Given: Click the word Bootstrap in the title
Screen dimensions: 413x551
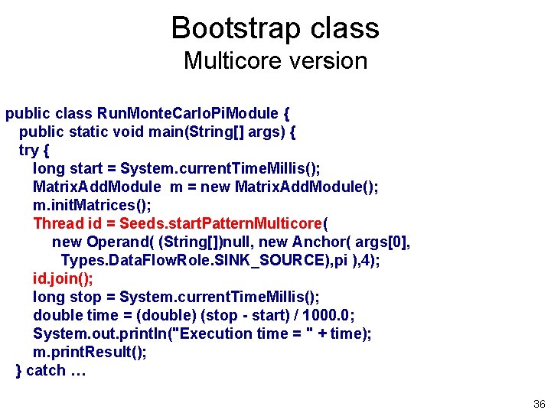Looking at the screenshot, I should coord(227,28).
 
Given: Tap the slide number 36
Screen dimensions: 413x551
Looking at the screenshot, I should coord(539,404).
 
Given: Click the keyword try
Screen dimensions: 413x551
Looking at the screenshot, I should coord(28,150).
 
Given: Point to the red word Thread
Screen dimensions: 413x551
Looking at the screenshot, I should coord(58,223).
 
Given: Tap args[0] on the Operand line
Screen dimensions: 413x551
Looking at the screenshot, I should coord(384,242).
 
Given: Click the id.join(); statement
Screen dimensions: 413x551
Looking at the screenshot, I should coord(63,278).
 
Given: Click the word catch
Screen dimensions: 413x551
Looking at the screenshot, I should coord(46,371).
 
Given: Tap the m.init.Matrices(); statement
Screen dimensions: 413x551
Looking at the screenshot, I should coord(92,205).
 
